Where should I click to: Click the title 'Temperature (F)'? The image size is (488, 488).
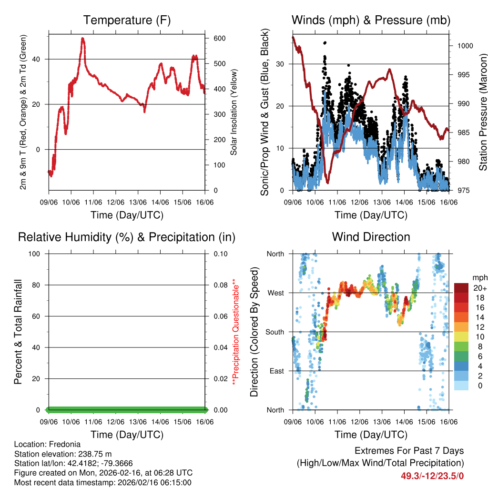pyautogui.click(x=127, y=20)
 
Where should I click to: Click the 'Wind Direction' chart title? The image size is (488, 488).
pyautogui.click(x=371, y=236)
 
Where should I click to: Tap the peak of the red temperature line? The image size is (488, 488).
pyautogui.click(x=83, y=39)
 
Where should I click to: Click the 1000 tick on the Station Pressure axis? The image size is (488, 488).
pyautogui.click(x=465, y=46)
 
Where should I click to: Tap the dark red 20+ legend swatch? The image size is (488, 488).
pyautogui.click(x=461, y=288)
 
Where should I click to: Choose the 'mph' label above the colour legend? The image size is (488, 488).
pyautogui.click(x=479, y=277)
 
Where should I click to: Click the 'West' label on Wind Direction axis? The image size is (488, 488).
pyautogui.click(x=275, y=293)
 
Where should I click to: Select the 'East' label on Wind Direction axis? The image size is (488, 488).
pyautogui.click(x=276, y=371)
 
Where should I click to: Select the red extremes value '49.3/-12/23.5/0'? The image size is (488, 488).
pyautogui.click(x=432, y=476)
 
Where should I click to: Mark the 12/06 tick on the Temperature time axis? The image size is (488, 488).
pyautogui.click(x=115, y=202)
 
